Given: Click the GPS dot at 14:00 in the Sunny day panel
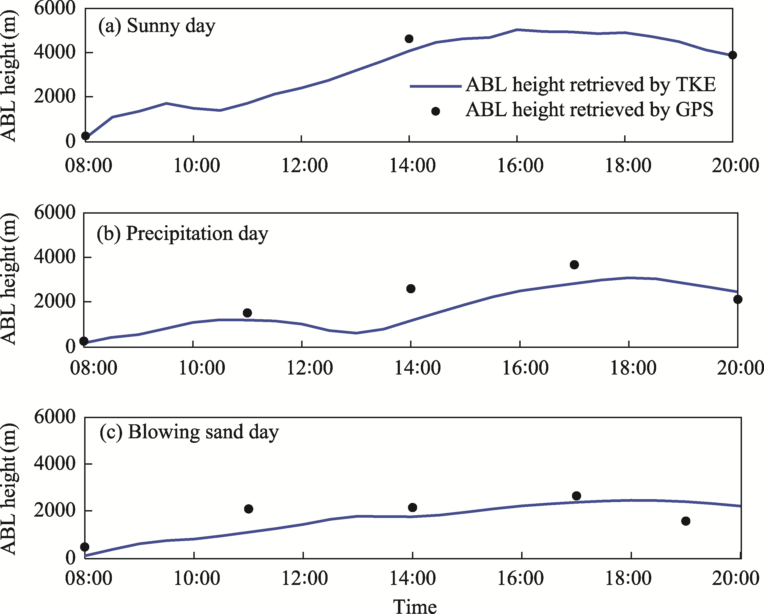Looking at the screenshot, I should [409, 39].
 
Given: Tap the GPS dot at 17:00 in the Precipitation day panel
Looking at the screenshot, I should [574, 265].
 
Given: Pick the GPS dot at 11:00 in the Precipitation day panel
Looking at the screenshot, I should [247, 313].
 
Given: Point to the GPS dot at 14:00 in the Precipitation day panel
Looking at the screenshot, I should [411, 288].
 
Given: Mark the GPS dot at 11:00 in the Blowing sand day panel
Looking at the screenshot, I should [248, 509].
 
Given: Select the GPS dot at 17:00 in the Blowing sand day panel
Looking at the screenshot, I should [577, 496].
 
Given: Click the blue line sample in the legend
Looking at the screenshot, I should [435, 86].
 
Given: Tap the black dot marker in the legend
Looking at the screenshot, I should [435, 111].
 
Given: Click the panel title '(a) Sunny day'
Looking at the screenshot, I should [157, 26].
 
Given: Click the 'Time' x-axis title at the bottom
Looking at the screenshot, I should [415, 605].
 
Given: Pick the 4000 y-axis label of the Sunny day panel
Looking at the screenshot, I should [55, 52].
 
